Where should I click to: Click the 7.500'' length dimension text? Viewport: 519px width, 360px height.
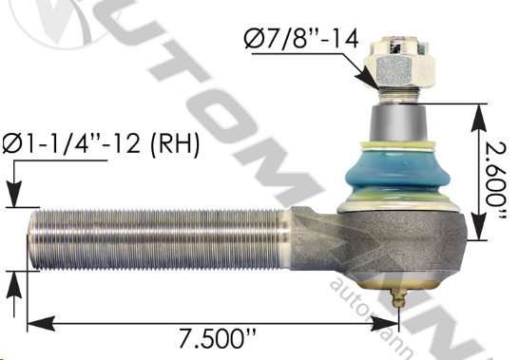[218, 338]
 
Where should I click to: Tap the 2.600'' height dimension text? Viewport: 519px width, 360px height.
[495, 181]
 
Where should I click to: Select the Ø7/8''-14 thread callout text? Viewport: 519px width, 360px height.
[301, 39]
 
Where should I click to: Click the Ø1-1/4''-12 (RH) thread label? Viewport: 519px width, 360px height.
[101, 143]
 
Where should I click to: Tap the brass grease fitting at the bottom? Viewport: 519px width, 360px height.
[398, 298]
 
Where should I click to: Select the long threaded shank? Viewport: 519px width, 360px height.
[159, 239]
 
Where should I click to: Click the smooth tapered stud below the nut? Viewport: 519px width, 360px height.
[398, 123]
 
